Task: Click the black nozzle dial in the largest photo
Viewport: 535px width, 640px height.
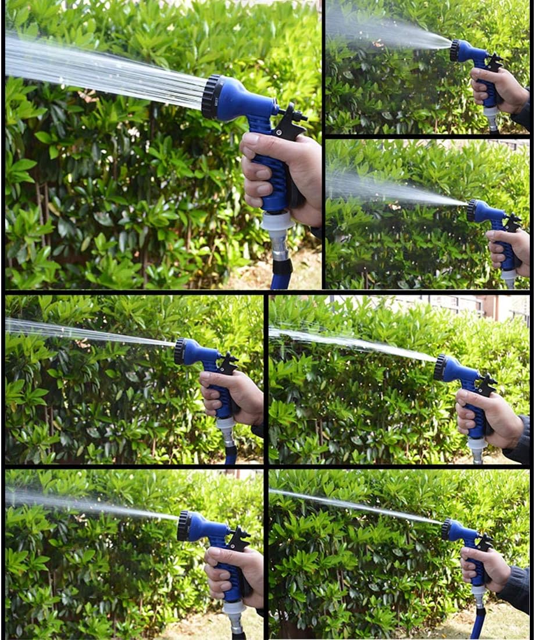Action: tap(212, 97)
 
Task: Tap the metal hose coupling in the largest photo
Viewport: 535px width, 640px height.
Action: tap(279, 247)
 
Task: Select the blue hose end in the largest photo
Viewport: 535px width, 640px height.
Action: tap(280, 282)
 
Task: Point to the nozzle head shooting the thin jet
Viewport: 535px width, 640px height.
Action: tap(448, 529)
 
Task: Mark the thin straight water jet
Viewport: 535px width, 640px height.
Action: tap(355, 506)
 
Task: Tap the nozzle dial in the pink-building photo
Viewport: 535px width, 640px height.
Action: tap(440, 368)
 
